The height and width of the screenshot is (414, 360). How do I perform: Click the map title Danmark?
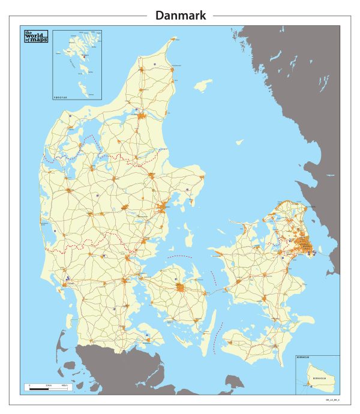(181, 16)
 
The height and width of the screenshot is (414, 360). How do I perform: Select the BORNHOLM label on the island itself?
(319, 379)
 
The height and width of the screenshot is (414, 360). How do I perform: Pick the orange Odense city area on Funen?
(181, 288)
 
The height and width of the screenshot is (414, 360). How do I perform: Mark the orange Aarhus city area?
(163, 208)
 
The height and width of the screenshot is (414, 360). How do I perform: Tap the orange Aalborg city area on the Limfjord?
(142, 116)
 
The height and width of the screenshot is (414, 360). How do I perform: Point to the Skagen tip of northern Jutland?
(175, 39)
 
